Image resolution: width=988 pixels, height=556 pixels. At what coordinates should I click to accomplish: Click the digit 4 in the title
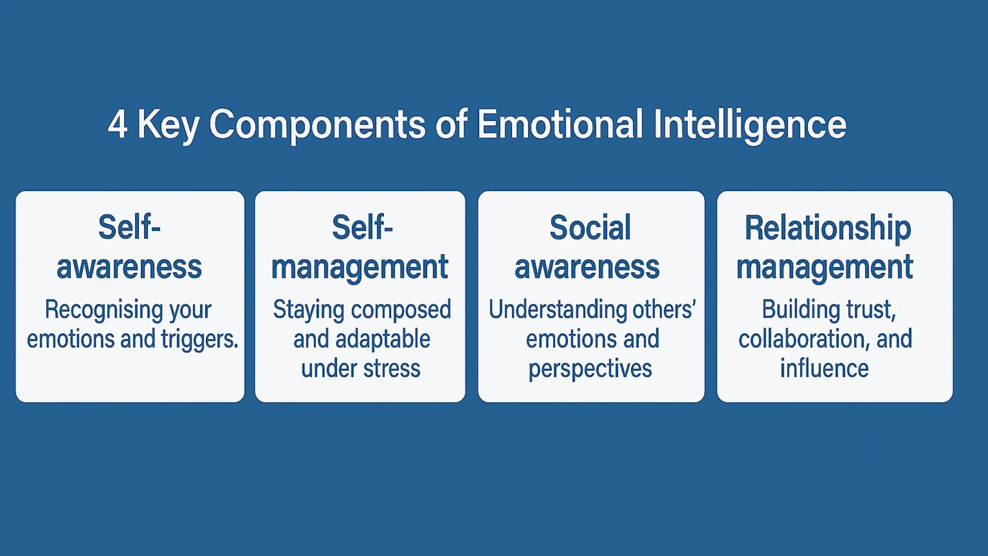(118, 124)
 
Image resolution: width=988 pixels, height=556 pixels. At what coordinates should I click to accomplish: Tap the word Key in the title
(168, 125)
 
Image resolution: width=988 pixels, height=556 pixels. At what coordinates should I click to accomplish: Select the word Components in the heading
(317, 125)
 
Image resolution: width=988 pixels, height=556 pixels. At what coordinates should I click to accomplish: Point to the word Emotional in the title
(560, 124)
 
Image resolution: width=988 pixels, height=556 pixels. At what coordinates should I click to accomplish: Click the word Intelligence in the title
(750, 125)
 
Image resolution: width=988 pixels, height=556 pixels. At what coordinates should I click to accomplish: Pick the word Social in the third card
(590, 227)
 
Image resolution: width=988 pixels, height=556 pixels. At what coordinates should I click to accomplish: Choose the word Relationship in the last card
(827, 228)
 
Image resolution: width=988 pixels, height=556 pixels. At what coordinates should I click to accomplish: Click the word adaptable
(383, 339)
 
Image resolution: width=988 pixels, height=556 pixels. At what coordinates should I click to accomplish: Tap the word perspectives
(590, 369)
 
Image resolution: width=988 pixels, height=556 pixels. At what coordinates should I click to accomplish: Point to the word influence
(824, 369)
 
